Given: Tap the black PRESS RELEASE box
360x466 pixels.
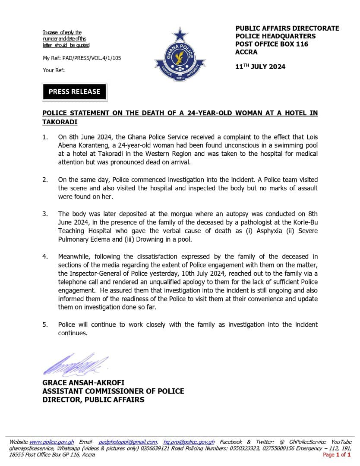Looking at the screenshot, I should pos(74,91).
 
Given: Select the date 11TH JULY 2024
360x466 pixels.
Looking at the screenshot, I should pos(260,66).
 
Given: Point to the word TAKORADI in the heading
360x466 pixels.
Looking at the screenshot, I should pos(60,122).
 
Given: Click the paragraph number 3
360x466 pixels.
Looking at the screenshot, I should pos(45,214).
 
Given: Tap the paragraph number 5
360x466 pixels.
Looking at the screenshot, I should pos(45,324).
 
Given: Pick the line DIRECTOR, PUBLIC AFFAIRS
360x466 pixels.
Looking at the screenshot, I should pos(93,400).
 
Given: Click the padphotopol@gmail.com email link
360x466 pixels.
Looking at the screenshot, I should pos(128,442).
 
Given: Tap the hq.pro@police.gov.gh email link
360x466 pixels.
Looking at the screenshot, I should pos(189,442).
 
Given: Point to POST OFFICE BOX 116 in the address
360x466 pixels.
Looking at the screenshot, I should pos(272,44).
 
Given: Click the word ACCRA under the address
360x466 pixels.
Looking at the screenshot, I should pos(246,52).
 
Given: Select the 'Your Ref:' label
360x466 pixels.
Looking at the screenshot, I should pos(54,70).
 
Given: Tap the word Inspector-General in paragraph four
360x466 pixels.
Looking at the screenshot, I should pos(94,274).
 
